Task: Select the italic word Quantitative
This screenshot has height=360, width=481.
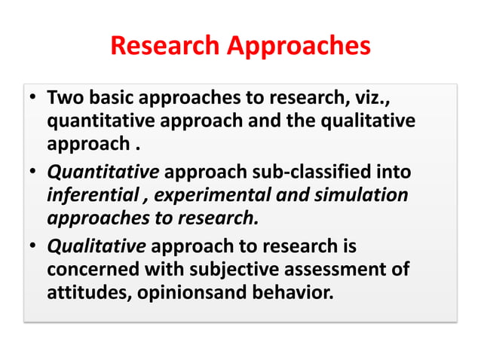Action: point(103,174)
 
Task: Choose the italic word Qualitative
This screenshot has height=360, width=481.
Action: point(97,247)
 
